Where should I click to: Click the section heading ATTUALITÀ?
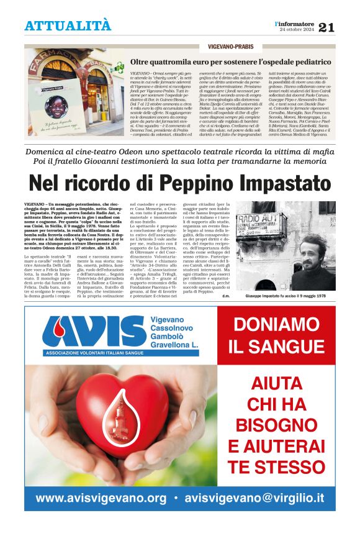[68, 25]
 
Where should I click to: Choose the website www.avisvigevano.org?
[101, 498]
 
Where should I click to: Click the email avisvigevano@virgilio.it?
[254, 498]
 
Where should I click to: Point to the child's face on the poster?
[56, 106]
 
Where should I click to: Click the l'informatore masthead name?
[294, 23]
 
